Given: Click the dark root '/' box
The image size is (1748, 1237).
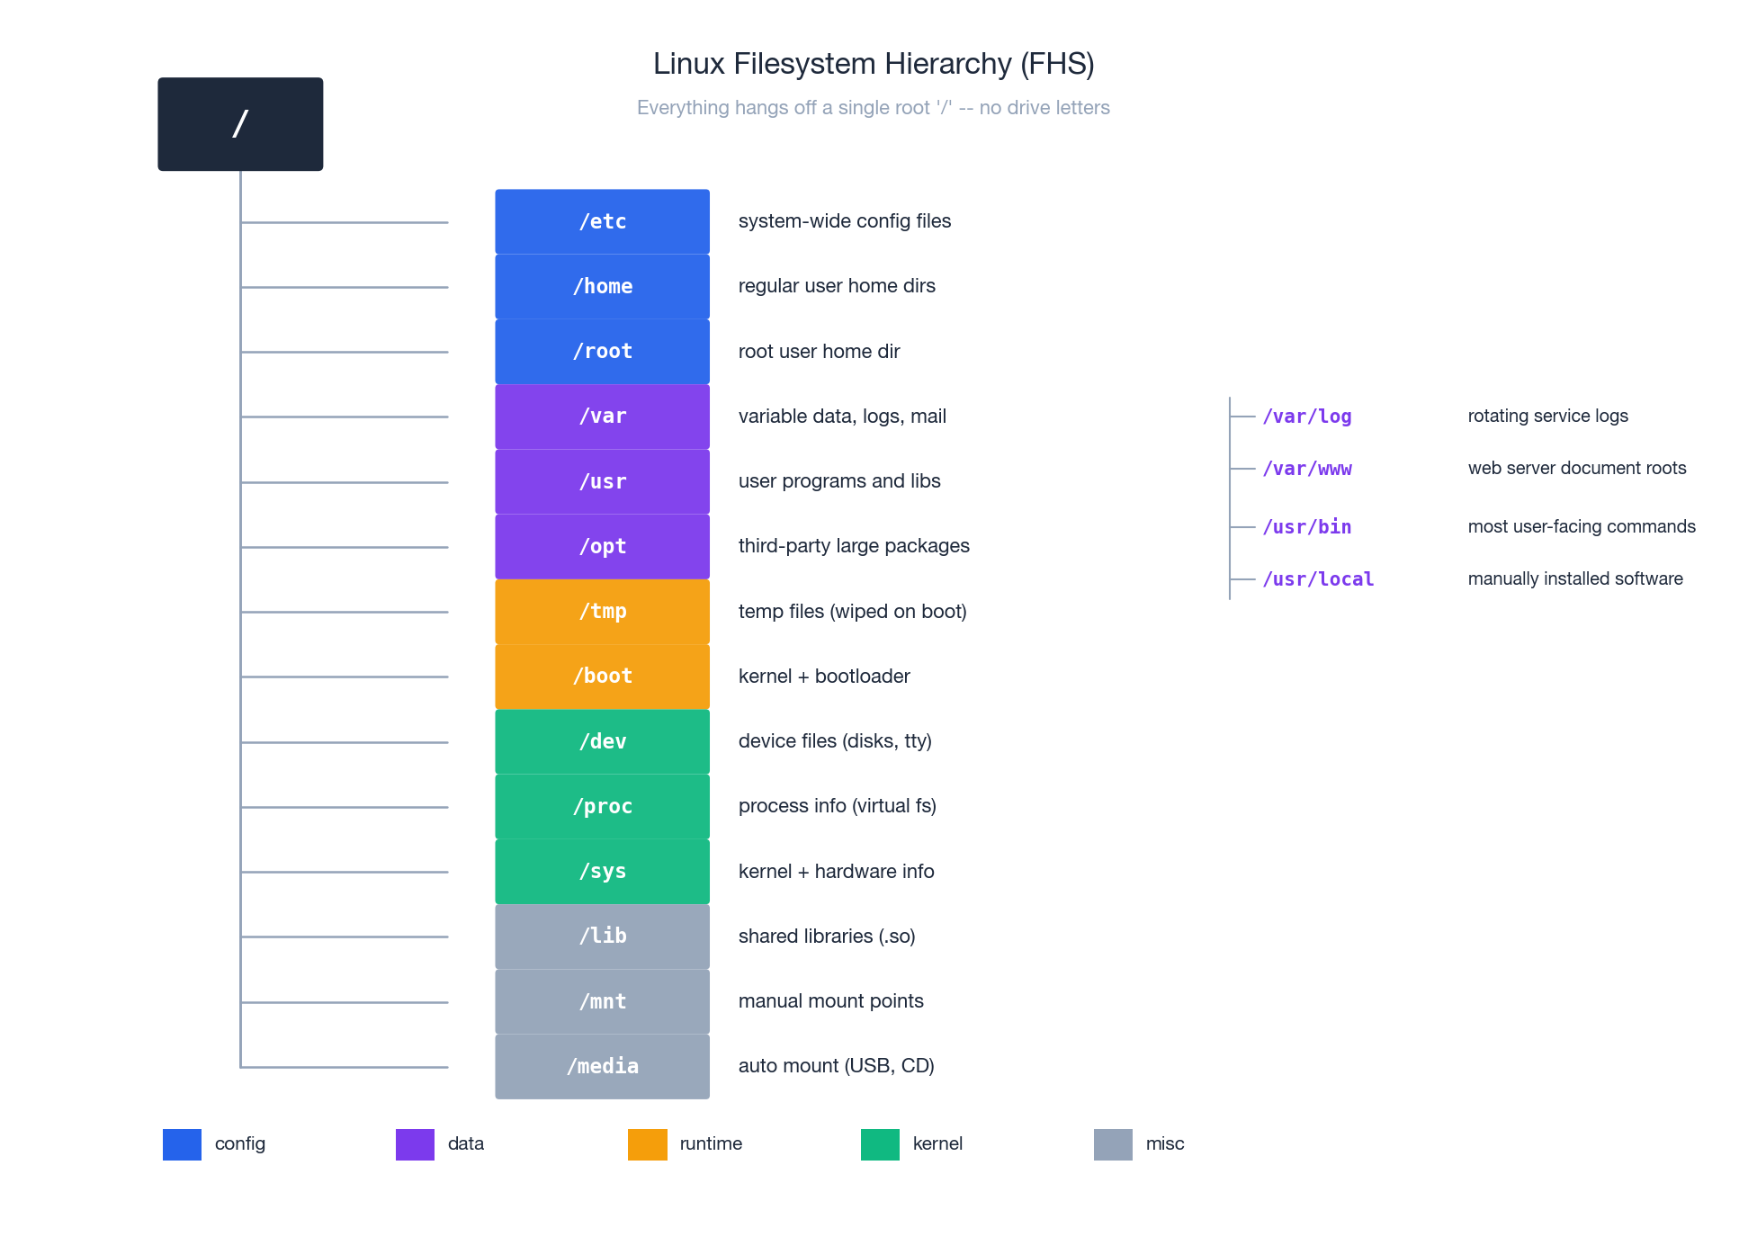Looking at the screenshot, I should (x=240, y=124).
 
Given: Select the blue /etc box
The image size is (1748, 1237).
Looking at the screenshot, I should (x=602, y=221).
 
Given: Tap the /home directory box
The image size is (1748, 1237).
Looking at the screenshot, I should (x=602, y=286).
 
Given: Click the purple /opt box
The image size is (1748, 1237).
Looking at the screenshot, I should (x=602, y=546).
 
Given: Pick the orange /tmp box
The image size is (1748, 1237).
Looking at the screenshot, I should (x=602, y=612).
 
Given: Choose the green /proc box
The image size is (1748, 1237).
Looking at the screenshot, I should (x=602, y=806).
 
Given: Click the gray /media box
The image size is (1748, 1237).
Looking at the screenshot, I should (x=602, y=1066).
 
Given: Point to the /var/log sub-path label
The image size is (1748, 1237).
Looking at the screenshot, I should (x=1306, y=417).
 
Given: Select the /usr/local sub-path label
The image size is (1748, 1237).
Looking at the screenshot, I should (x=1318, y=579).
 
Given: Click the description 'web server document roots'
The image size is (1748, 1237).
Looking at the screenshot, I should (x=1576, y=468).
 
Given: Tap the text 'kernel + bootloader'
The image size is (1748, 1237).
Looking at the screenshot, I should (x=824, y=677).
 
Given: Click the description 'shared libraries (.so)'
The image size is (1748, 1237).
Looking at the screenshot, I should (x=827, y=937).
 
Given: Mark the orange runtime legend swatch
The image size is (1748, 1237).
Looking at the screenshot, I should (x=647, y=1144).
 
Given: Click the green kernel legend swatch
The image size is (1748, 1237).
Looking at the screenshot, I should (x=880, y=1144).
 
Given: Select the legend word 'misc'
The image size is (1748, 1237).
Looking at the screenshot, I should (x=1164, y=1143).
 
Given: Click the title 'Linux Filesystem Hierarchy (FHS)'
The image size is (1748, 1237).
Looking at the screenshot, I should (x=874, y=64).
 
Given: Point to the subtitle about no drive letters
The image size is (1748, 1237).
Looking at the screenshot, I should (x=874, y=108).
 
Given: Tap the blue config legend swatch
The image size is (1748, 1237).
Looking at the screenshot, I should (x=182, y=1144).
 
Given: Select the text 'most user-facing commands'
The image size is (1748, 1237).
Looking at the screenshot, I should (x=1581, y=526).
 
